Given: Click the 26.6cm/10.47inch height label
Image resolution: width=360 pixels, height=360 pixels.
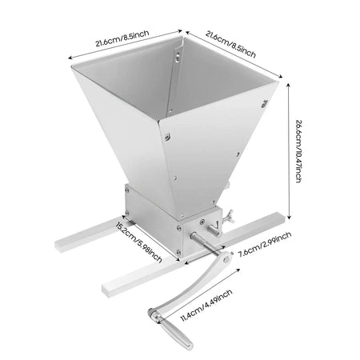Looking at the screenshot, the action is [299, 151].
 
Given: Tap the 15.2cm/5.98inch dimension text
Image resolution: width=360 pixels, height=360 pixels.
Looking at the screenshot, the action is [138, 242].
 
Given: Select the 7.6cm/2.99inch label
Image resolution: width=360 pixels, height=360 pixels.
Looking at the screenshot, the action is [265, 244].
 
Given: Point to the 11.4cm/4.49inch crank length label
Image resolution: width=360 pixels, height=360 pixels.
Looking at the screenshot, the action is [206, 305].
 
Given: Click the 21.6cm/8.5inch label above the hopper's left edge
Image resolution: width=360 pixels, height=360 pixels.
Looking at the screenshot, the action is [122, 38].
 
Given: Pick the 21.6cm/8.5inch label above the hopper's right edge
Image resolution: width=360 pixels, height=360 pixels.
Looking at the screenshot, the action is [230, 44].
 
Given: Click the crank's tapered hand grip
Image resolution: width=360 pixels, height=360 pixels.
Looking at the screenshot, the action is [176, 334].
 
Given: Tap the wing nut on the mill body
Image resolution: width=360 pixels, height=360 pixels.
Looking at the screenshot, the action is [229, 216].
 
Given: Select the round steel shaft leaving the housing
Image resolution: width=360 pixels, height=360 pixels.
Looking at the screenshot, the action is [205, 243].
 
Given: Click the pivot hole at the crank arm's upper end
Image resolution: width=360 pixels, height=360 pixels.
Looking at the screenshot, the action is [227, 258].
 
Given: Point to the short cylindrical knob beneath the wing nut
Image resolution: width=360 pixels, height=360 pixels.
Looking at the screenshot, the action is [214, 230].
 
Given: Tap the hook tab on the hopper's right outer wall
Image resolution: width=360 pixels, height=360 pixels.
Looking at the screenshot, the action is [264, 104].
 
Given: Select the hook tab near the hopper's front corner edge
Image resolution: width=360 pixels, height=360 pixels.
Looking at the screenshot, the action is [168, 137].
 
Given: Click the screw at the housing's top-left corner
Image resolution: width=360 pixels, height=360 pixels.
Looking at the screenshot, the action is [127, 190].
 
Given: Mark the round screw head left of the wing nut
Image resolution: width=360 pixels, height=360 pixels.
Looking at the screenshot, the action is [202, 222].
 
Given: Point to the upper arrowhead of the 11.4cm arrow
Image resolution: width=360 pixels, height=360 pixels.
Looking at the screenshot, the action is [238, 270].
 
